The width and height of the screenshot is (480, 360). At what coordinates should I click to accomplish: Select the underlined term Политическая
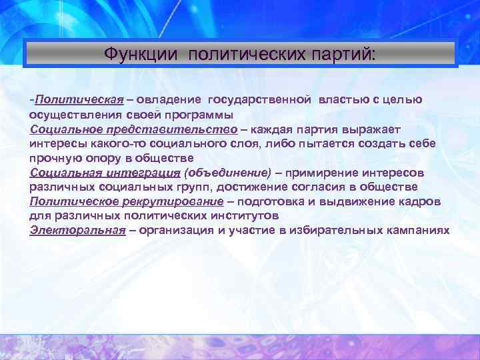pos(80,100)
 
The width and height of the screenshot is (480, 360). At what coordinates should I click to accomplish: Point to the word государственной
pos(259,100)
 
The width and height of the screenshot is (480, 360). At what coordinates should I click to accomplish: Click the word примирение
pos(317,173)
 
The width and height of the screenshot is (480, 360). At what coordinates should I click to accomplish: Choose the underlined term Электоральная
pos(77,231)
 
